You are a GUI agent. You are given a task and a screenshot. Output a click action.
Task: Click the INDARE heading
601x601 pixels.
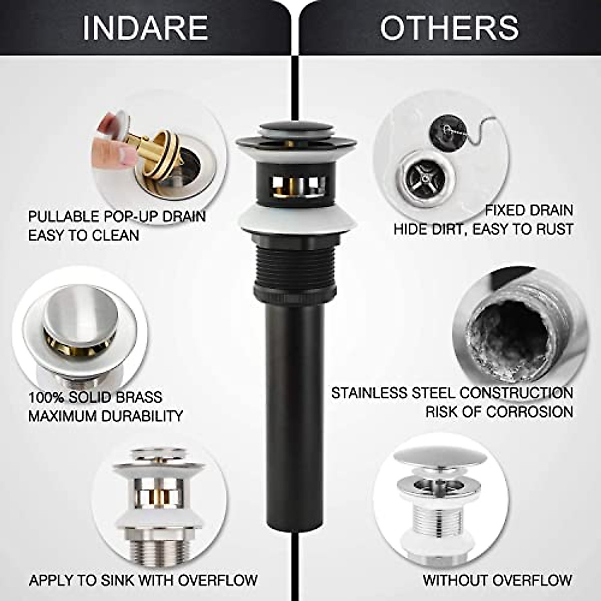(x=145, y=27)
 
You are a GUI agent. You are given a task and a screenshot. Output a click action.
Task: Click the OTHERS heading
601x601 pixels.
(x=449, y=27)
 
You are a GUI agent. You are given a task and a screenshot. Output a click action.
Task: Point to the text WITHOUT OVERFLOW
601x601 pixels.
(x=497, y=580)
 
